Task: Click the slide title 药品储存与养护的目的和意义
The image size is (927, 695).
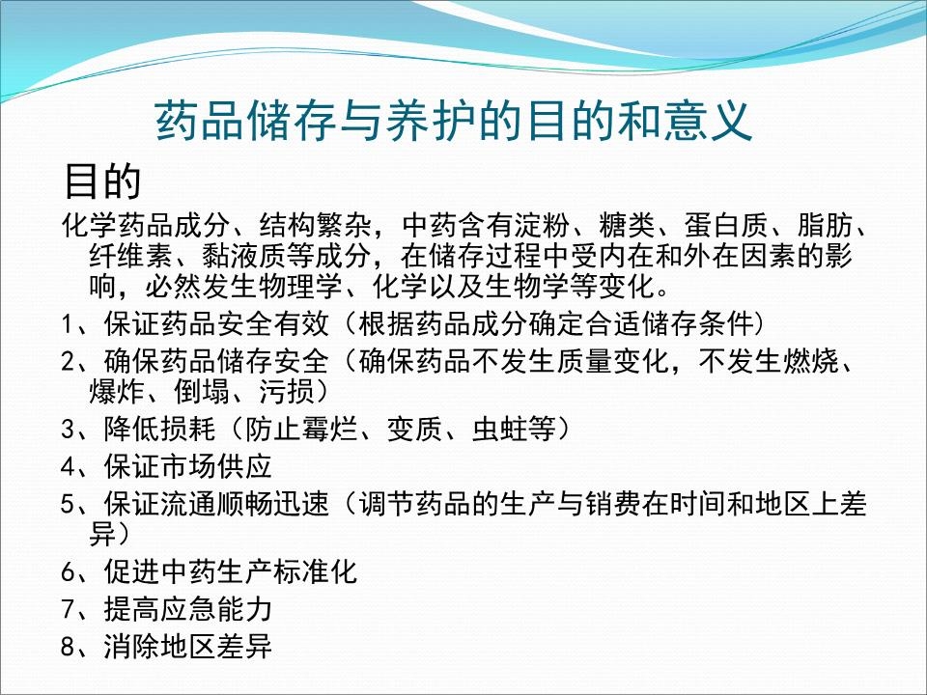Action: pyautogui.click(x=453, y=122)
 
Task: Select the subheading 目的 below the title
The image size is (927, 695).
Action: pyautogui.click(x=102, y=180)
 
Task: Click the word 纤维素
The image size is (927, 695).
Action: pyautogui.click(x=126, y=257)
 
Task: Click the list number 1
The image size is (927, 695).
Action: pyautogui.click(x=67, y=323)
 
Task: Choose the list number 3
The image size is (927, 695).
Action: pyautogui.click(x=67, y=429)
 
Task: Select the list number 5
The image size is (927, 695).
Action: pyautogui.click(x=67, y=504)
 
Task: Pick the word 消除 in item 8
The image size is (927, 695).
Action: pyautogui.click(x=126, y=647)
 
